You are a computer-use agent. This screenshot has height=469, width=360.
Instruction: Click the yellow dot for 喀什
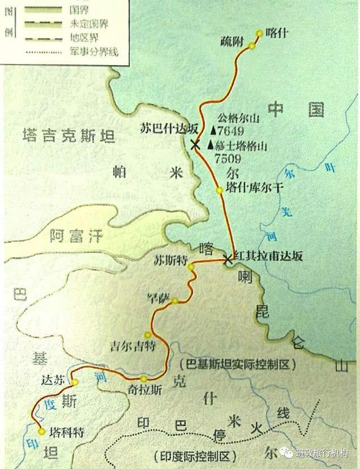(x=259, y=33)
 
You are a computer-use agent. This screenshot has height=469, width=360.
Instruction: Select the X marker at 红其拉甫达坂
(x=227, y=259)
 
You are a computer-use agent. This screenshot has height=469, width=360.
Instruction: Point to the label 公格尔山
(x=235, y=119)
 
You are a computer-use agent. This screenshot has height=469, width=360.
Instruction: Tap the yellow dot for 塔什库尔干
(x=219, y=190)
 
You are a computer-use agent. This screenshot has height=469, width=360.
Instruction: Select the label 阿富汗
(x=76, y=236)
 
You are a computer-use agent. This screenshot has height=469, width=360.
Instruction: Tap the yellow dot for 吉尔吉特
(x=148, y=333)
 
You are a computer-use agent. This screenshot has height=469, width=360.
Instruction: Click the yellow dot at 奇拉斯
(x=145, y=378)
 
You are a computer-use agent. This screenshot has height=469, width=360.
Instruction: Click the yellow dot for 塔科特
(x=42, y=431)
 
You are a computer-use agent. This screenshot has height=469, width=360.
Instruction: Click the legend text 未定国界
(x=88, y=24)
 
